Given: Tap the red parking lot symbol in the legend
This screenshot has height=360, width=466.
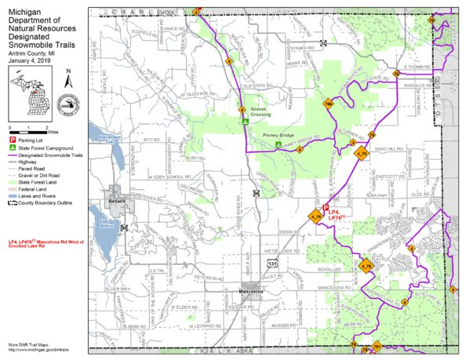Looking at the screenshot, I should (x=12, y=141).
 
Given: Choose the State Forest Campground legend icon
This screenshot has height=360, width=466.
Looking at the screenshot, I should (x=12, y=148).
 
